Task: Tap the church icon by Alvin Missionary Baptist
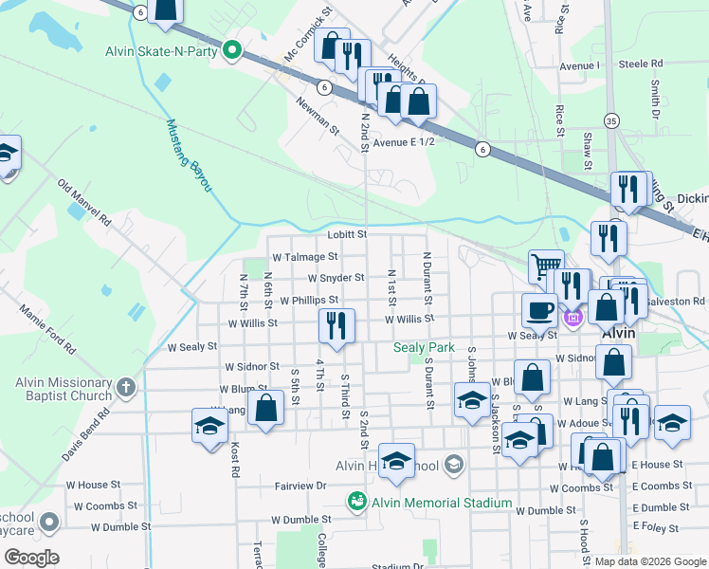click(x=126, y=387)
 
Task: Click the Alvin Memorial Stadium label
click(x=441, y=503)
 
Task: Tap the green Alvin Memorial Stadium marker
click(x=356, y=501)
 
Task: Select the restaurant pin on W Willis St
click(x=336, y=326)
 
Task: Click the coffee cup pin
click(x=539, y=309)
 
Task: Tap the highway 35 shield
click(x=611, y=120)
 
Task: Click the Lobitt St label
click(x=347, y=233)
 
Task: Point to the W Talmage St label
click(x=304, y=256)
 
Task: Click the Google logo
click(x=30, y=558)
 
